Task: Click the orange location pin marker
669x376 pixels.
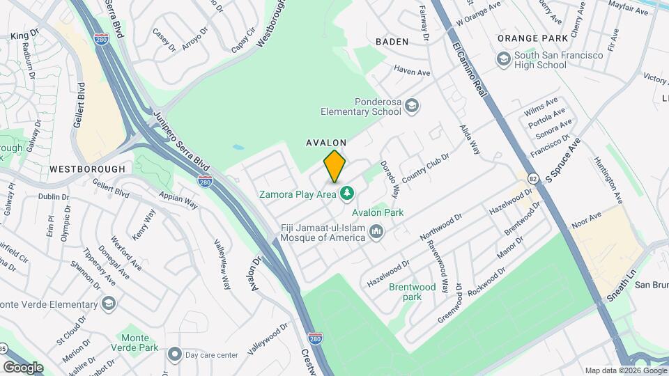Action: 334,166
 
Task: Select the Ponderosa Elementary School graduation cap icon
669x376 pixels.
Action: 412,105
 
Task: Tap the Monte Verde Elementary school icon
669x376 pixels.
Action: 109,304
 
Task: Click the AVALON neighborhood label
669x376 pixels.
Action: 326,142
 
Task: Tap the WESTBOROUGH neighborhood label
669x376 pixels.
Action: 87,169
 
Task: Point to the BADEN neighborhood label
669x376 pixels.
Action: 392,42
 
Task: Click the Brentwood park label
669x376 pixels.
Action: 413,292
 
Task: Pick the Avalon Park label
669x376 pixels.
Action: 378,212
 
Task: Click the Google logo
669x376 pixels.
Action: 23,367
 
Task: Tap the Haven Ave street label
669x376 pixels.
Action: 412,71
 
